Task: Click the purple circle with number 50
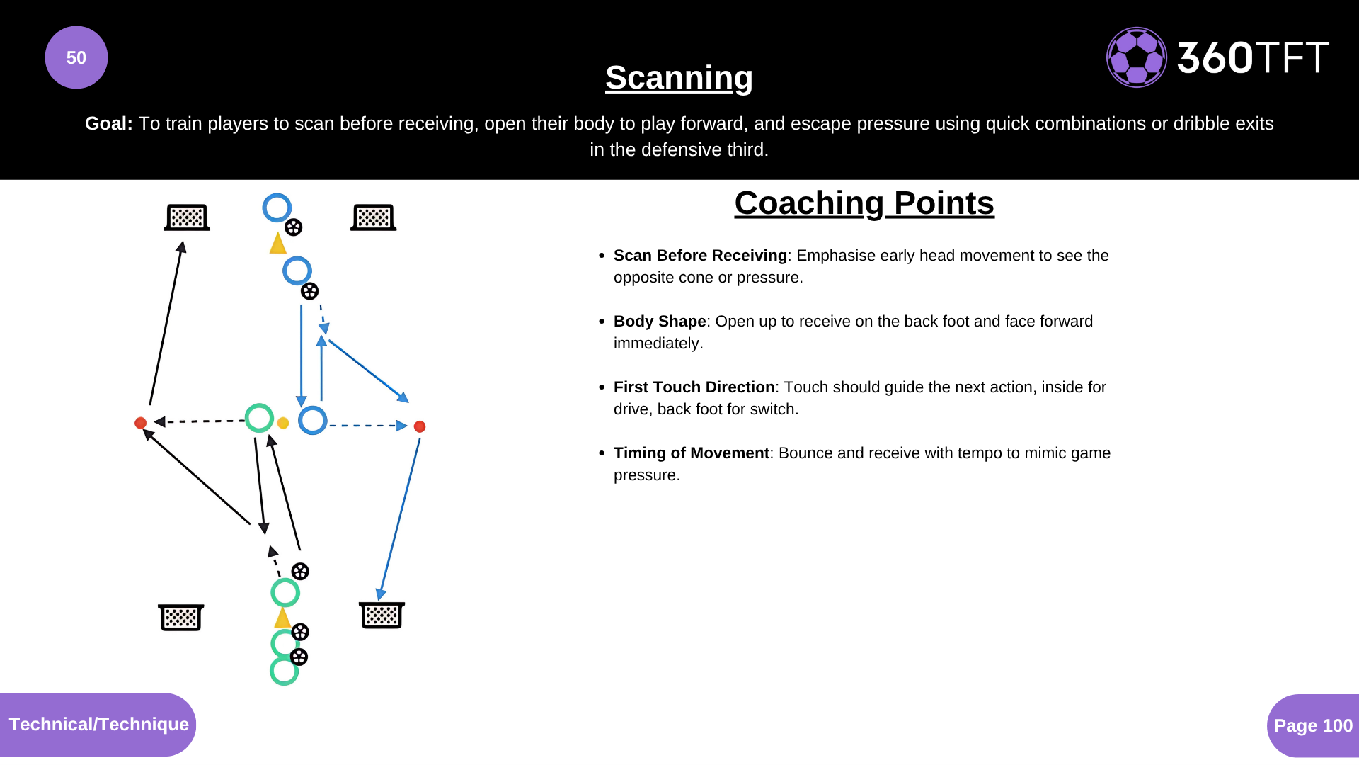coord(76,57)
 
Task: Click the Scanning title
coord(679,77)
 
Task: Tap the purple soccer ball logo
coord(1136,57)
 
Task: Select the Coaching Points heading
coord(864,203)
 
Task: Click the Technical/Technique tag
coord(98,724)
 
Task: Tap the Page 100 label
coord(1313,725)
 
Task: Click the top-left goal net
coord(187,217)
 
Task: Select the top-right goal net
coord(374,217)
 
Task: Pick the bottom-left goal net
coord(181,617)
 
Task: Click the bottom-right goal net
coord(382,615)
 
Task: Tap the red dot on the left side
coord(140,423)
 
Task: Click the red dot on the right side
coord(420,426)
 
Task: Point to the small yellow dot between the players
coord(283,423)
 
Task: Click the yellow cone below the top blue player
coord(277,244)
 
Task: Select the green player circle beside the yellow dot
coord(259,418)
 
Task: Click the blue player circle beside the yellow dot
coord(312,420)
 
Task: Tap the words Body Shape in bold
coord(660,322)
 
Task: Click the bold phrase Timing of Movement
coord(691,453)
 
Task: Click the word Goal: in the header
coord(108,123)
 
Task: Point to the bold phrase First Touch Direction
coord(694,387)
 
